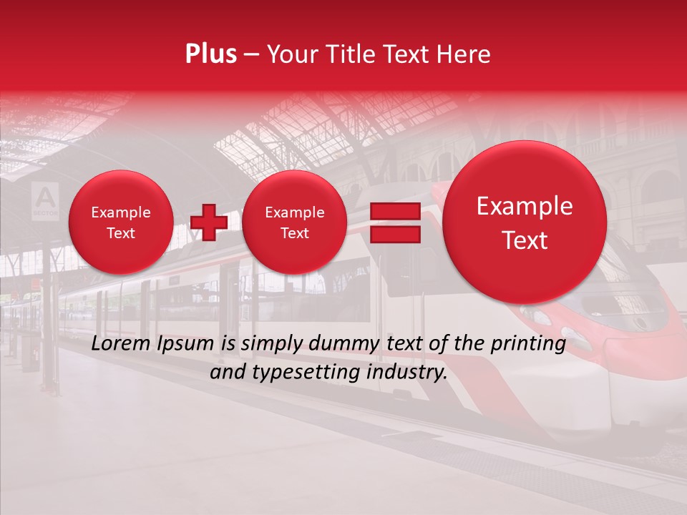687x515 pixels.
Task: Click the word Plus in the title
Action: pyautogui.click(x=210, y=54)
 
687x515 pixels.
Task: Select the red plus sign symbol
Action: pyautogui.click(x=209, y=222)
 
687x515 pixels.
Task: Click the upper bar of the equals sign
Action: pyautogui.click(x=394, y=211)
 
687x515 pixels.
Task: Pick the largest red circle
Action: pyautogui.click(x=525, y=222)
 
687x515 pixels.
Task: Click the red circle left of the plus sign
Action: pyautogui.click(x=120, y=222)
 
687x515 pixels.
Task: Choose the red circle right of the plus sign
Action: pyautogui.click(x=294, y=222)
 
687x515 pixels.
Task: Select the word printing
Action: pyautogui.click(x=528, y=344)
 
